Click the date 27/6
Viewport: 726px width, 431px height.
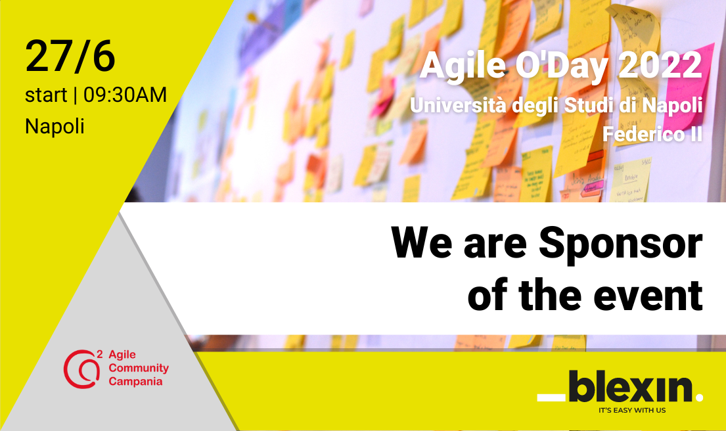70,57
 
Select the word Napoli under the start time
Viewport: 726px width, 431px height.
55,125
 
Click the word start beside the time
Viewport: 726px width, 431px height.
45,95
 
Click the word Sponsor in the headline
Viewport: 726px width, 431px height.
621,244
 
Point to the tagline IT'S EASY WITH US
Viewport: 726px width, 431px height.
632,411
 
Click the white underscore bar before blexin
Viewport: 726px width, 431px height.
551,397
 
